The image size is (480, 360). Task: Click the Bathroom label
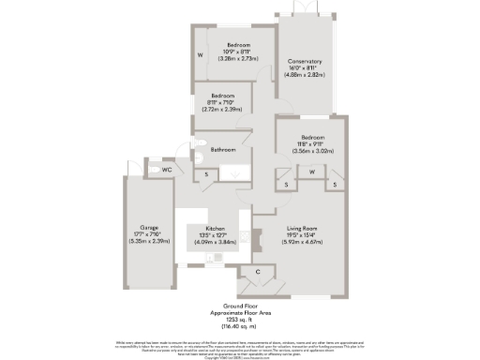tap(222, 150)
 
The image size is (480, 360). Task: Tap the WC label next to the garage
tap(165, 170)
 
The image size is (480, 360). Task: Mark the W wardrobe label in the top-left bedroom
tap(200, 55)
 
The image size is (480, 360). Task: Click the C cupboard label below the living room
tap(257, 272)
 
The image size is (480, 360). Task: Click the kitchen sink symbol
tap(217, 256)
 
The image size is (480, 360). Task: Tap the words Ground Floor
tap(239, 306)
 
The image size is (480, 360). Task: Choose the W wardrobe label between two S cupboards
tap(310, 172)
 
